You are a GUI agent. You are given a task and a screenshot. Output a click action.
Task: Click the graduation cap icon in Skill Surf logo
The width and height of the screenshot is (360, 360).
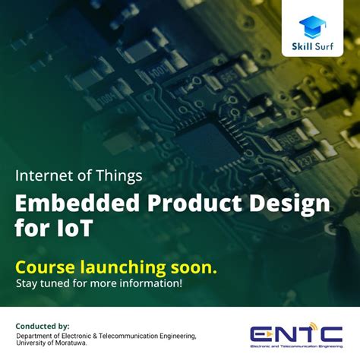[x=312, y=27]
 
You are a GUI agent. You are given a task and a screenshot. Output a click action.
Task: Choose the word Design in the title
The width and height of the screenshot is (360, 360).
[x=285, y=203]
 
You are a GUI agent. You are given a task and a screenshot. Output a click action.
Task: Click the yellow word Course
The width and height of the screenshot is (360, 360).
[x=48, y=267]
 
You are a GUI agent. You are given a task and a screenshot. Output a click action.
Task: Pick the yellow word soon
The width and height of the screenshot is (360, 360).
[x=196, y=267]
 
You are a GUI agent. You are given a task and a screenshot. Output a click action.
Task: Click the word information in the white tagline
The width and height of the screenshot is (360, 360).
[x=150, y=284]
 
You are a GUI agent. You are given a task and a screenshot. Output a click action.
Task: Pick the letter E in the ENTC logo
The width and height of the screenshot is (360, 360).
[x=261, y=333]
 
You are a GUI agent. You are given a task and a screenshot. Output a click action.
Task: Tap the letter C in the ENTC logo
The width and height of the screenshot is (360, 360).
[x=331, y=333]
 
